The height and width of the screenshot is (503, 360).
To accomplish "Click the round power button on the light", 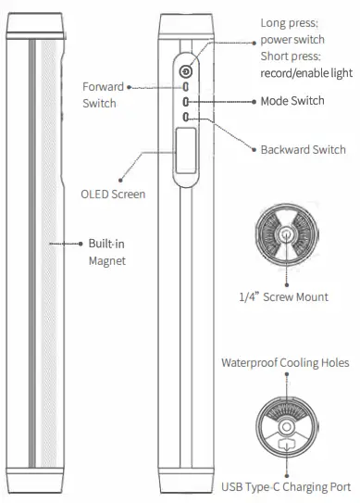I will pyautogui.click(x=187, y=71).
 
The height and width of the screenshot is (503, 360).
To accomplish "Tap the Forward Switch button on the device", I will pyautogui.click(x=187, y=88).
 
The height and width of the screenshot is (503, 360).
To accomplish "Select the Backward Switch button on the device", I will pyautogui.click(x=187, y=118).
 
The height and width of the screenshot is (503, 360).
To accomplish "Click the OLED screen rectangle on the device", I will pyautogui.click(x=185, y=152).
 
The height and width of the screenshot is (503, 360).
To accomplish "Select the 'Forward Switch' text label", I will pyautogui.click(x=101, y=94).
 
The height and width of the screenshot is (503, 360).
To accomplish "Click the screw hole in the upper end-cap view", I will pyautogui.click(x=290, y=235).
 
